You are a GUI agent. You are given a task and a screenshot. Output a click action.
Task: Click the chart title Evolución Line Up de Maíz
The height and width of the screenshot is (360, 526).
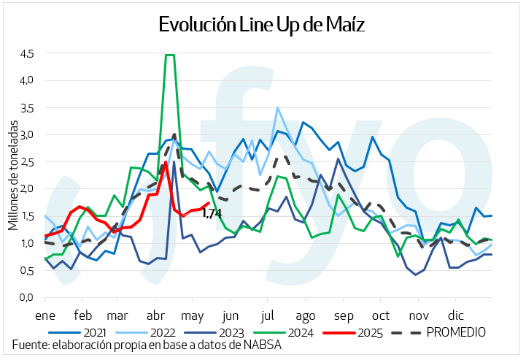(x=263, y=23)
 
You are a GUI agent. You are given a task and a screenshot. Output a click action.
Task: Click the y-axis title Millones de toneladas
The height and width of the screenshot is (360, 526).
(x=13, y=175)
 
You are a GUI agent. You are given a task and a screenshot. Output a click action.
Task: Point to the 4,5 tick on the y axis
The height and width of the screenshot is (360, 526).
(x=26, y=53)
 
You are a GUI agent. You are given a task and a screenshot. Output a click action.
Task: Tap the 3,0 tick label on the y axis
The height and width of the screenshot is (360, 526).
(x=26, y=134)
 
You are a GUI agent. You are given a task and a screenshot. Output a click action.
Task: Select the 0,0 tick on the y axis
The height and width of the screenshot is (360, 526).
(x=26, y=297)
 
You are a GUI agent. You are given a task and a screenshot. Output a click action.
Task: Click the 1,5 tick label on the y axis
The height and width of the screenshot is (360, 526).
(x=26, y=216)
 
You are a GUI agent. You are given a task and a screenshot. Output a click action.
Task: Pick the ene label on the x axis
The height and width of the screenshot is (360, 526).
(x=45, y=316)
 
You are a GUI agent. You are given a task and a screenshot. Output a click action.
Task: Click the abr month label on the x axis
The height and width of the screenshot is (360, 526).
(x=154, y=316)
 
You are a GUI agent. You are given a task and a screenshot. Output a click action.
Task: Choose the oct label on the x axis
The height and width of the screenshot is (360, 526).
(x=380, y=316)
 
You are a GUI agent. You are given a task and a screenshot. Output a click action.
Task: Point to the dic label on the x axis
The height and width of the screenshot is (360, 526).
(x=455, y=316)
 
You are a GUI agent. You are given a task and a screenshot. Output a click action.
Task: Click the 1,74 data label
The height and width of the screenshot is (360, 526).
(x=212, y=213)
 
